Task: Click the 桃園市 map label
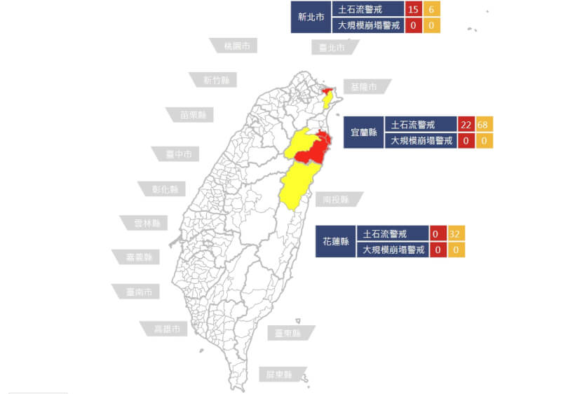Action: [x=236, y=46]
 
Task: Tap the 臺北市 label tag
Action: [x=332, y=48]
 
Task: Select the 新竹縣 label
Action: [x=215, y=80]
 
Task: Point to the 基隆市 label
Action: [x=365, y=87]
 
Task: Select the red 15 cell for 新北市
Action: [x=412, y=9]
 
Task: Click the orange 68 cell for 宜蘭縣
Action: [x=484, y=125]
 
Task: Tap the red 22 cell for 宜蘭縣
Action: [x=466, y=125]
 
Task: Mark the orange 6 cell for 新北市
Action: [x=431, y=9]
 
